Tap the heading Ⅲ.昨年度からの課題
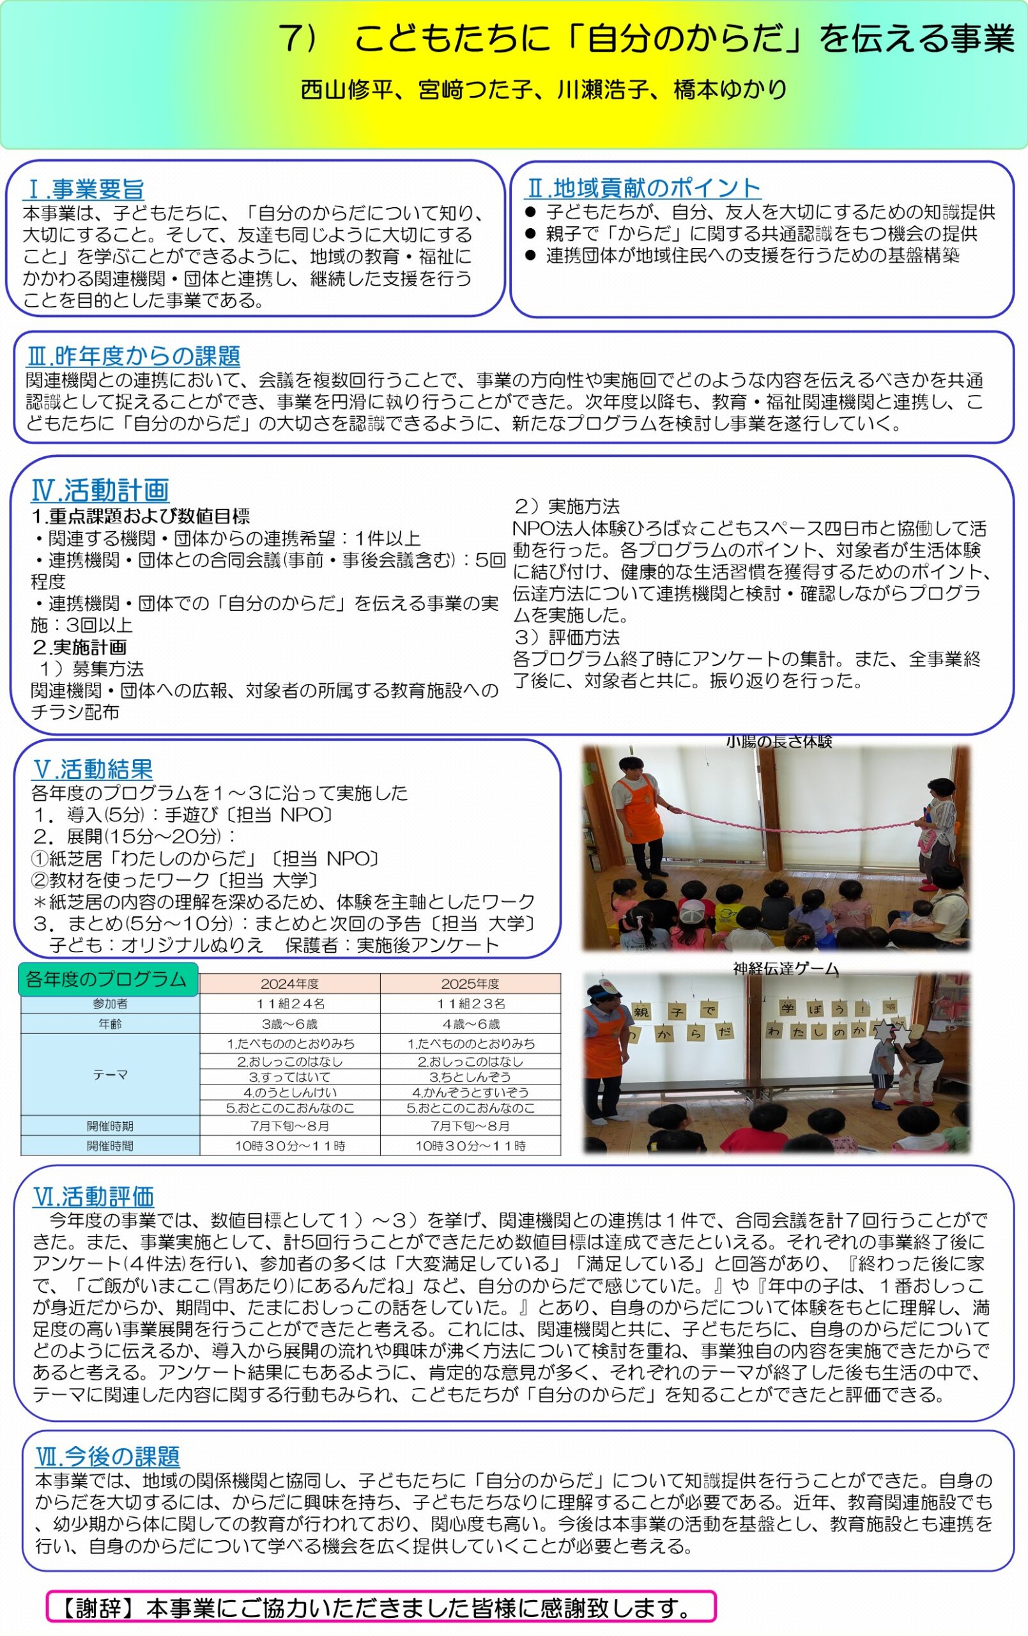coord(133,356)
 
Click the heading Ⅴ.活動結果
coord(93,769)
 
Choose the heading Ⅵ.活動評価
coord(94,1196)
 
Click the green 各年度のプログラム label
coord(107,979)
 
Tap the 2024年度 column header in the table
coord(289,984)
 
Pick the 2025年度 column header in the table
coord(470,984)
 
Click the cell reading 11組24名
coord(289,1003)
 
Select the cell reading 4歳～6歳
coord(470,1024)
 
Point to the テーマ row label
coord(110,1075)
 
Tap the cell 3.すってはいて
coord(289,1077)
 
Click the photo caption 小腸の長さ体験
coord(779,741)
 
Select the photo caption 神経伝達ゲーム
coord(785,968)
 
